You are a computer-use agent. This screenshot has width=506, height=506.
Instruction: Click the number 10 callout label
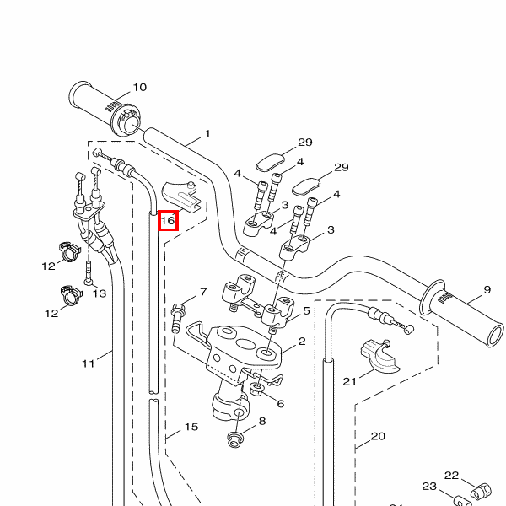140,87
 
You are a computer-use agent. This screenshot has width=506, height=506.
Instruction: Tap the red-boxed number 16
167,220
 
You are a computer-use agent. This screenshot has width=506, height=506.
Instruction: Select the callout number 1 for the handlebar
207,134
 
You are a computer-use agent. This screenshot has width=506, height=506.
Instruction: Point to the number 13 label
100,293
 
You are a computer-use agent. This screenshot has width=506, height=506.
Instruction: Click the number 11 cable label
89,363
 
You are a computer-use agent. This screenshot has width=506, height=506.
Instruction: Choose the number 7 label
202,292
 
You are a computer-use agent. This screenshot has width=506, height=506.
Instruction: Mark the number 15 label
191,427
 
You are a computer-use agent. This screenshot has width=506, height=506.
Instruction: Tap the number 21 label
350,381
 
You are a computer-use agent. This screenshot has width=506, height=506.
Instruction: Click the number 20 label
378,436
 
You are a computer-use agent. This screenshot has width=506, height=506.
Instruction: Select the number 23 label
429,487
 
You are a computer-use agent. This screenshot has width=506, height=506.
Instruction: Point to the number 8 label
261,421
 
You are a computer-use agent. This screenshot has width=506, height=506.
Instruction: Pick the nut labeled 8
234,439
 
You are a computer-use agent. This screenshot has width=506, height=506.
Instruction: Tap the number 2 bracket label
301,343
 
